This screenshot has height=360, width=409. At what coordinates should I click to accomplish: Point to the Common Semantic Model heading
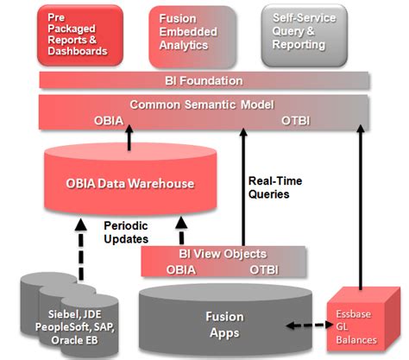point(203,105)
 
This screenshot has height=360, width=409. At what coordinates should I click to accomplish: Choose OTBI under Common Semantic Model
point(299,120)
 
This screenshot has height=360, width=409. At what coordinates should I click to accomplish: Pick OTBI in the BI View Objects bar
point(264,268)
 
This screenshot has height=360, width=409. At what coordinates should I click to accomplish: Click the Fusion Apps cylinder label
point(224,323)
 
